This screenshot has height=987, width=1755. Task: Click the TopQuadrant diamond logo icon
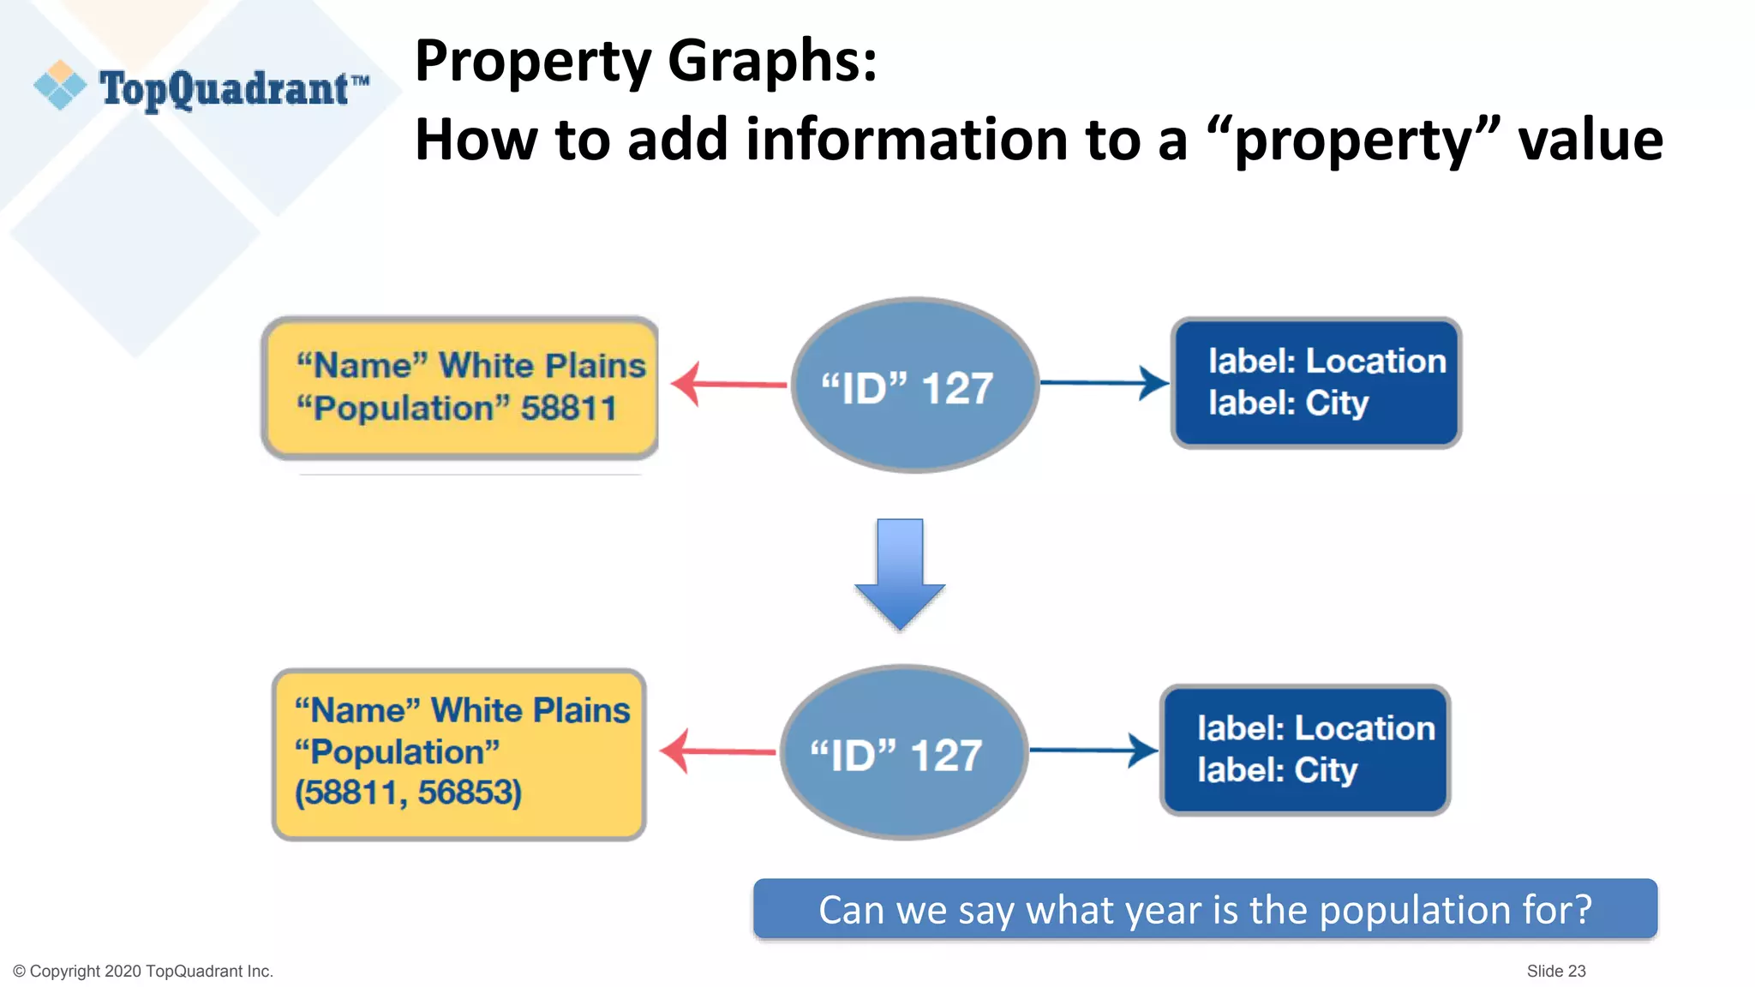60,85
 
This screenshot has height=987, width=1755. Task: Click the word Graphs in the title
771,62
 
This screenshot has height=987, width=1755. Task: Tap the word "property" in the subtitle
1354,140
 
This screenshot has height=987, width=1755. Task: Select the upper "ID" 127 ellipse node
914,386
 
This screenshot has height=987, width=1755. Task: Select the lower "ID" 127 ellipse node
903,753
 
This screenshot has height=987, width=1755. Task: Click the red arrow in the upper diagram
728,384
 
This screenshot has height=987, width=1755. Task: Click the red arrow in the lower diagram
718,751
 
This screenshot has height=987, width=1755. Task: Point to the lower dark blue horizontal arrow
1093,751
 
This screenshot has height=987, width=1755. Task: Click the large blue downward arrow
900,574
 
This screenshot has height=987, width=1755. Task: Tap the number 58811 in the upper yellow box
568,409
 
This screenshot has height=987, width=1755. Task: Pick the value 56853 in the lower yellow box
468,793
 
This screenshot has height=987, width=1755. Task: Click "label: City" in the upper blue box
1288,403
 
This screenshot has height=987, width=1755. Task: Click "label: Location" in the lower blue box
1315,728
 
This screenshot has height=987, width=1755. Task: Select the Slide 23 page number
1555,971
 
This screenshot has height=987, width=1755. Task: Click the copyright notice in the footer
143,971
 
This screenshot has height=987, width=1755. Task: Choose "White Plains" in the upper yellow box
542,366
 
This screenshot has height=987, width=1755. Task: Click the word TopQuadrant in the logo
225,88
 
